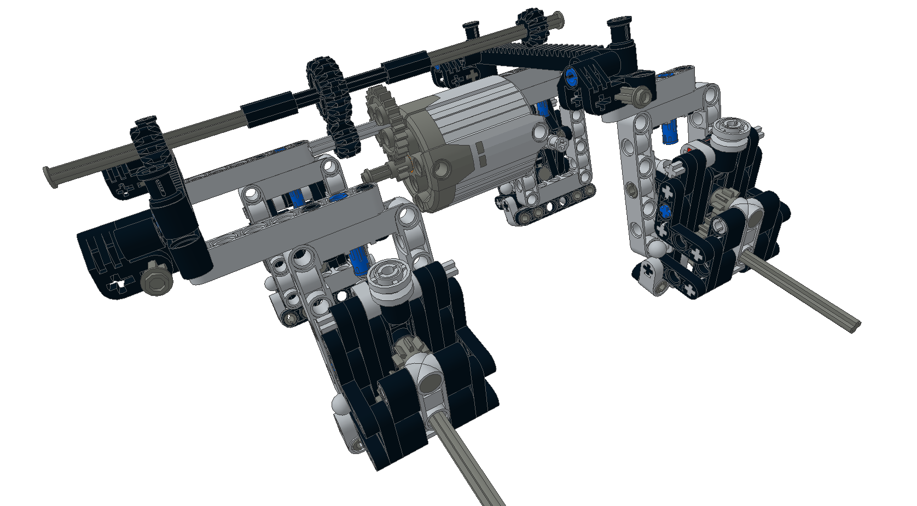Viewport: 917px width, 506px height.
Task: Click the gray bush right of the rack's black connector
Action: (x=640, y=95)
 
